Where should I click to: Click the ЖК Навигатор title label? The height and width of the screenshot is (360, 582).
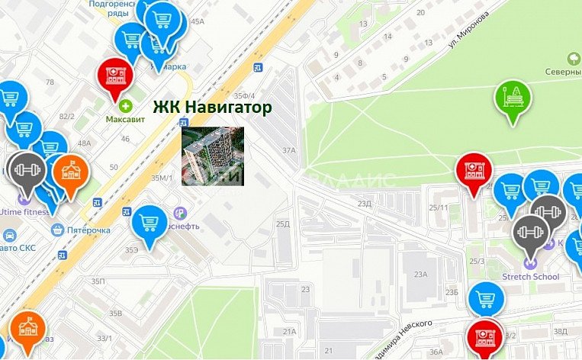(212, 108)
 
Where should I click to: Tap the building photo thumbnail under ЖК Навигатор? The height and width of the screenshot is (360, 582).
(213, 156)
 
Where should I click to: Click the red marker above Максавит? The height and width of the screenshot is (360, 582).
(116, 76)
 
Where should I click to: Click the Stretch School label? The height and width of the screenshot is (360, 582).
(531, 276)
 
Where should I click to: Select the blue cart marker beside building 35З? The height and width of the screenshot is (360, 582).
(149, 223)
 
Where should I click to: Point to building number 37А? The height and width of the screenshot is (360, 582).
(288, 150)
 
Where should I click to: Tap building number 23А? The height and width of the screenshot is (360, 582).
(420, 275)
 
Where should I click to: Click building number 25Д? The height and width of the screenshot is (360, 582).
(283, 223)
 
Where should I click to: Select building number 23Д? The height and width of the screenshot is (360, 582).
(365, 204)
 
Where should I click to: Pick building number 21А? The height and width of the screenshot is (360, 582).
(289, 332)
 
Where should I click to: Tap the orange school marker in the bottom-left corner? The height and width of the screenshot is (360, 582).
(27, 329)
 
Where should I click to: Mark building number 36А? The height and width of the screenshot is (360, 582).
(436, 352)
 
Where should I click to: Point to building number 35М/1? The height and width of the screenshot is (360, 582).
(162, 178)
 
